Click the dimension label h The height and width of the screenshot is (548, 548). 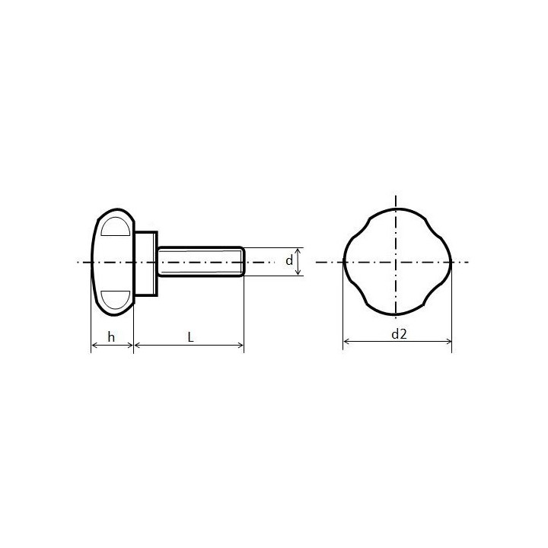click(111, 337)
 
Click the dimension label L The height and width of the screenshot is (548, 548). click(190, 337)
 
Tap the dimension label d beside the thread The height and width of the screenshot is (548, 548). click(289, 260)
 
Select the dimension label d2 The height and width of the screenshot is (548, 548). click(399, 334)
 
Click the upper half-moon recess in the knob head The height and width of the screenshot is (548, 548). click(116, 228)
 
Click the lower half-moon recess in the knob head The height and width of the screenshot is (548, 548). click(116, 298)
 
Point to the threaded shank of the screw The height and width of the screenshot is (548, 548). click(201, 262)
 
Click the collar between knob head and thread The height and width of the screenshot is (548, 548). click(145, 263)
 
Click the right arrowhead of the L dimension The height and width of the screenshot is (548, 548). click(241, 346)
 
